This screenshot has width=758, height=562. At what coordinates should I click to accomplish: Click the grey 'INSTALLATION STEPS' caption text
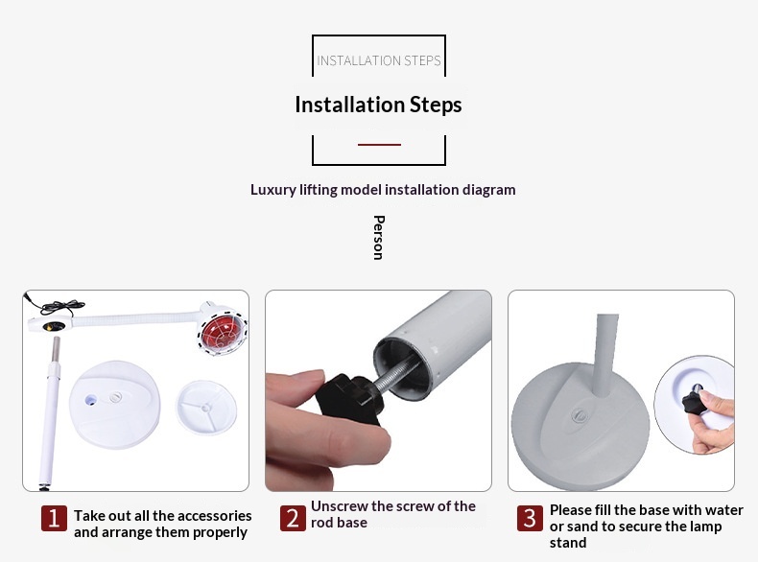(x=378, y=60)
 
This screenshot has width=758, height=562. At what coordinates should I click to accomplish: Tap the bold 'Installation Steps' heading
(x=378, y=105)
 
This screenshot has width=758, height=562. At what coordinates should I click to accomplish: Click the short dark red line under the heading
(x=380, y=144)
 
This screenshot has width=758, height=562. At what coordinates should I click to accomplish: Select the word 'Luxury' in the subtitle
(x=272, y=190)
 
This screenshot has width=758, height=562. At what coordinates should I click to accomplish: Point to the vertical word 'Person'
(x=378, y=238)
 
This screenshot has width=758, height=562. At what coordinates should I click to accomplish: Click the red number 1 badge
(x=54, y=519)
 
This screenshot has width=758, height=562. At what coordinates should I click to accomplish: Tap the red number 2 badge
(x=293, y=519)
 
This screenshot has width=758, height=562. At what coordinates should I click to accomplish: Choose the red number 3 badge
(x=530, y=519)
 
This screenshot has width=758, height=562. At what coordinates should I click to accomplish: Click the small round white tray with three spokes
(x=206, y=408)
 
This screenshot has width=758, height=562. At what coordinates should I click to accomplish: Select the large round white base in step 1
(x=115, y=405)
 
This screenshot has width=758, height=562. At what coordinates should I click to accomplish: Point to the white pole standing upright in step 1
(x=49, y=413)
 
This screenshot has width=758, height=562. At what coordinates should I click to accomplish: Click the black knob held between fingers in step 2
(x=349, y=398)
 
